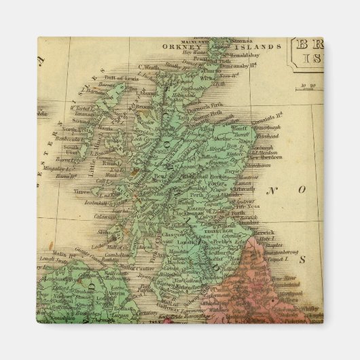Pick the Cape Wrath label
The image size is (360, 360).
(149, 66)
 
